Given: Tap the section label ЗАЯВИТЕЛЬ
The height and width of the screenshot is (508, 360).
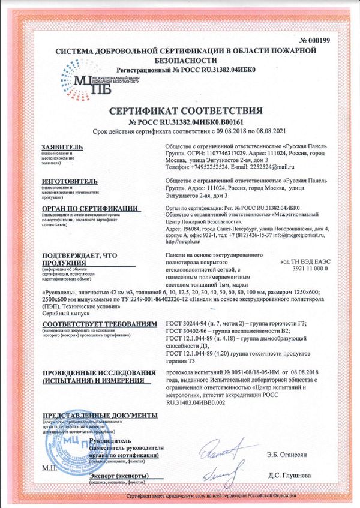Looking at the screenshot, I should point(60,147).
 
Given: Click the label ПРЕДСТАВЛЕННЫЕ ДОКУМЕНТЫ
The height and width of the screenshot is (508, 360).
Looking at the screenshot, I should point(100,416).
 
